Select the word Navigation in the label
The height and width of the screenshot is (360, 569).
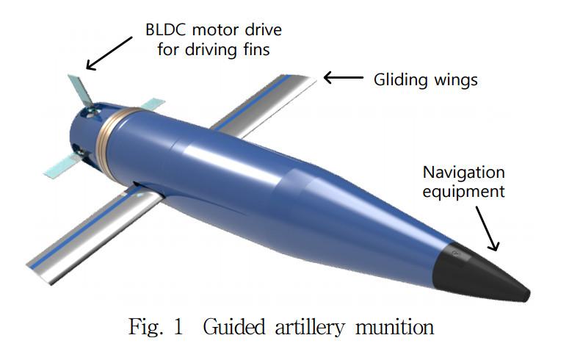tap(463, 173)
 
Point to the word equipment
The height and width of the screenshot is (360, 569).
tap(463, 192)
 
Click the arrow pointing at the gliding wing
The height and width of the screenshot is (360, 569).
tap(343, 77)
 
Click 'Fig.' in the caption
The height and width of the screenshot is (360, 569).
tap(142, 325)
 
